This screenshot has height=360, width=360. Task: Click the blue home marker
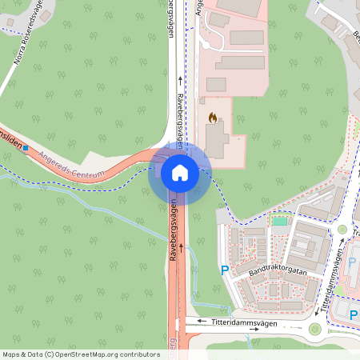pos(179,172)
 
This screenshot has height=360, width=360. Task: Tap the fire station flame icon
pos(212,118)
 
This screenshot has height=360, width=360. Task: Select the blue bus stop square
pos(26,147)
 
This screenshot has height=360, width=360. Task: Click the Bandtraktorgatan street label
pos(278,272)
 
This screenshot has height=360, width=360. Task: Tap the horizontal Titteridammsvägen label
pos(243,322)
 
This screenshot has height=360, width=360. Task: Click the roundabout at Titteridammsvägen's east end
pos(315,328)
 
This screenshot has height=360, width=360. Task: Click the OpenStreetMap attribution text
pos(80,354)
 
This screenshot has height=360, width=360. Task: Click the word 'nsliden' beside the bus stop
pos(10,138)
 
